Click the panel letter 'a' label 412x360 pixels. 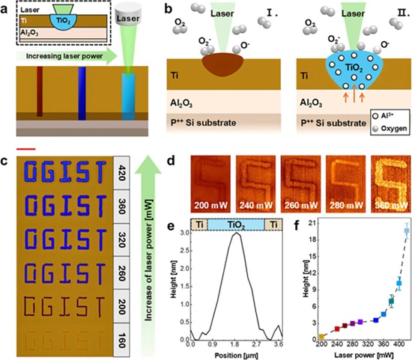[6, 7]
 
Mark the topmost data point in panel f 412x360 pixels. [407, 231]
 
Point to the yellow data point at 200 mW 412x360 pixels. [321, 337]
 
